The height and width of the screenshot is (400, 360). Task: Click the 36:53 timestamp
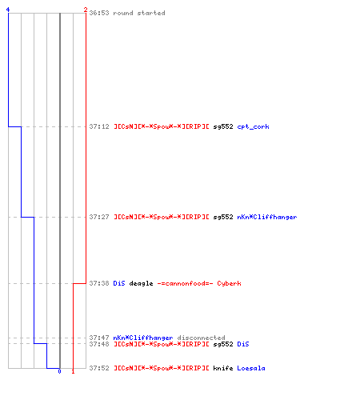click(99, 13)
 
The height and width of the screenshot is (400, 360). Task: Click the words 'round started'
click(139, 13)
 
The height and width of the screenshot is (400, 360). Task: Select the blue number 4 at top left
click(8, 10)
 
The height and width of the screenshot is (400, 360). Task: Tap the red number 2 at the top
click(86, 10)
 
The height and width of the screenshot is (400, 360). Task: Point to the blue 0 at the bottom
click(59, 371)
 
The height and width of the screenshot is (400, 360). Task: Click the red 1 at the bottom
click(73, 371)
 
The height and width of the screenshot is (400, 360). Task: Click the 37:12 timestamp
click(99, 126)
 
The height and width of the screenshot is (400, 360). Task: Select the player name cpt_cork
click(253, 126)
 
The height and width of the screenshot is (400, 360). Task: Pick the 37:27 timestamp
click(99, 217)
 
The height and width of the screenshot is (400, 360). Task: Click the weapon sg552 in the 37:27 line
click(223, 217)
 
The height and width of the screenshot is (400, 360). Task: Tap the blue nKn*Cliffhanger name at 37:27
click(267, 217)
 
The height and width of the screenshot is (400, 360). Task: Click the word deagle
click(141, 283)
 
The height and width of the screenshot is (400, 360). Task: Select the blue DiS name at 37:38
click(119, 283)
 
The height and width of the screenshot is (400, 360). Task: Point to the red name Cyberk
click(229, 283)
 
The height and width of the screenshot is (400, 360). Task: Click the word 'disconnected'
click(202, 338)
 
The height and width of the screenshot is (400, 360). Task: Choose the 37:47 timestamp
click(99, 338)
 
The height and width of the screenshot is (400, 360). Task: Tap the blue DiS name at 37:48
click(243, 344)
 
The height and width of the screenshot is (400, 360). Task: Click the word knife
click(223, 368)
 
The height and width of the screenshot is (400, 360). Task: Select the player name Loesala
click(251, 368)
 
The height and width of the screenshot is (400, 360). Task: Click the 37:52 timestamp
click(99, 368)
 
